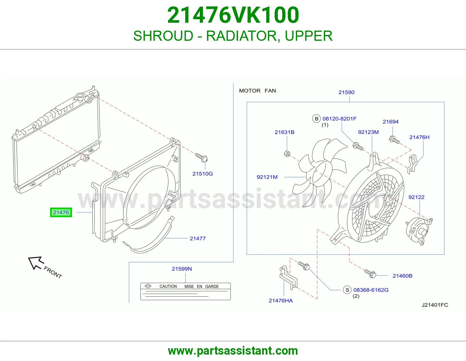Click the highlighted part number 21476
(x=61, y=212)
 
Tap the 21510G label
(x=202, y=174)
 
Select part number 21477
(x=197, y=238)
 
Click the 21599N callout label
(x=182, y=269)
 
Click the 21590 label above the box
(x=346, y=92)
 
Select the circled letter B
(x=316, y=118)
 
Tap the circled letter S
(x=347, y=290)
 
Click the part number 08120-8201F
(x=340, y=118)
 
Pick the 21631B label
(x=284, y=132)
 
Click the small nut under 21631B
(x=287, y=154)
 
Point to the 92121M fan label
(x=267, y=177)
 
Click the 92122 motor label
(x=416, y=197)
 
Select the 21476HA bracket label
(x=280, y=301)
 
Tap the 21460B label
(x=402, y=276)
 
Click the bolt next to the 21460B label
(x=370, y=274)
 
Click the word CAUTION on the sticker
(x=168, y=286)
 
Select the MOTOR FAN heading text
(x=257, y=91)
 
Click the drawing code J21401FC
(x=435, y=305)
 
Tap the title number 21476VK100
(x=233, y=15)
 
